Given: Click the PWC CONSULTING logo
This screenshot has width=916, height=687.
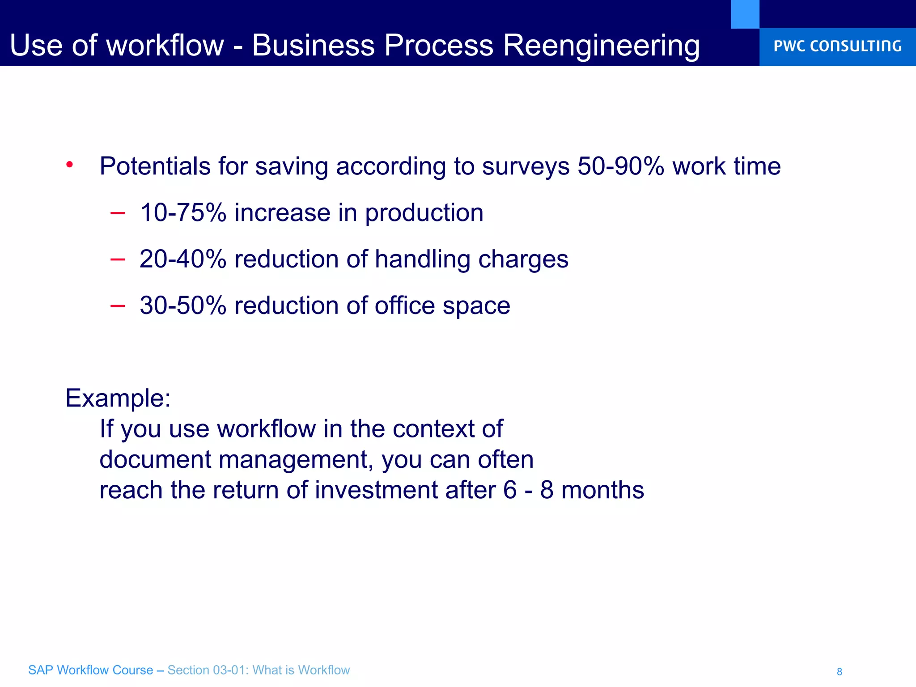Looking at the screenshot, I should [837, 46].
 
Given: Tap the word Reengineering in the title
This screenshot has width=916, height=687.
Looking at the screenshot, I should [602, 46].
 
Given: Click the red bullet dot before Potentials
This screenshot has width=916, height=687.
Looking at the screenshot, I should [69, 165].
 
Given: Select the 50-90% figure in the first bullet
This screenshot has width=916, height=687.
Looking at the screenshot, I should [621, 166].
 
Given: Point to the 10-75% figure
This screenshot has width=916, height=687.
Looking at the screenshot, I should [183, 212].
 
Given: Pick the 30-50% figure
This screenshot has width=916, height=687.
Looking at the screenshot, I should [183, 305].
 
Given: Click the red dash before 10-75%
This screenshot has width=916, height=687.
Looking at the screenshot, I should [117, 213].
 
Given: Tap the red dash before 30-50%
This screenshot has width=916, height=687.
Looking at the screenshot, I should [117, 306].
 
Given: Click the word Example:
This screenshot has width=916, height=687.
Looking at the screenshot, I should [118, 398].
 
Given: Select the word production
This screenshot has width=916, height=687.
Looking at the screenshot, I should [424, 213].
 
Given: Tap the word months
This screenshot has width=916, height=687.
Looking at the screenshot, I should [602, 490].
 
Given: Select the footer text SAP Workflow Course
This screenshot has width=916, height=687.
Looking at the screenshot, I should [90, 670].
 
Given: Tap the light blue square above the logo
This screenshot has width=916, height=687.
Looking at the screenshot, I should [745, 14].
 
